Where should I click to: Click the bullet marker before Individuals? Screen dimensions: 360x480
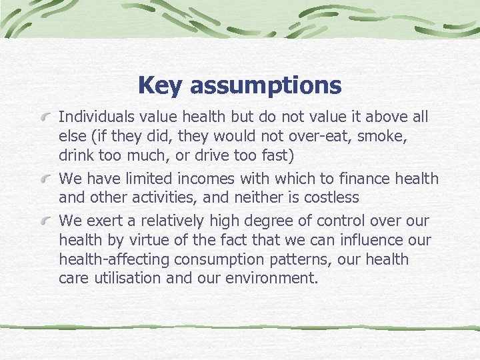pyautogui.click(x=47, y=119)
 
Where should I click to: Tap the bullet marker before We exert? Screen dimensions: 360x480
pyautogui.click(x=47, y=221)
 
